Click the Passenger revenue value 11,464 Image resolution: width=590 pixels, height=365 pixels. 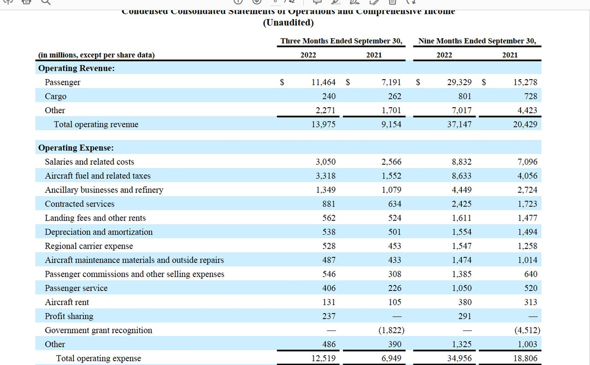[324, 82]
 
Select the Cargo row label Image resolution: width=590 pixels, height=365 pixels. [55, 96]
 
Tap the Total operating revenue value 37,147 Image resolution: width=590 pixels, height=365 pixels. [459, 124]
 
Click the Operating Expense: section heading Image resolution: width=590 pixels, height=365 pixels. [76, 148]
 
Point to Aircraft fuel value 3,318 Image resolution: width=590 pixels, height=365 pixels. [325, 176]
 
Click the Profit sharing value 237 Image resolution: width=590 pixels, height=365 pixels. [329, 316]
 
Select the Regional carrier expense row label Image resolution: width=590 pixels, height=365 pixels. [88, 246]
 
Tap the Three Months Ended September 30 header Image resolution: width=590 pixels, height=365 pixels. [341, 41]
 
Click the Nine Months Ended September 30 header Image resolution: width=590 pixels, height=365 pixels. [477, 41]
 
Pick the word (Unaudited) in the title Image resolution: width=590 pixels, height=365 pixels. [288, 23]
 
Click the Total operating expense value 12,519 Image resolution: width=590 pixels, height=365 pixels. [324, 358]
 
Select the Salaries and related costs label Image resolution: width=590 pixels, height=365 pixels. [89, 162]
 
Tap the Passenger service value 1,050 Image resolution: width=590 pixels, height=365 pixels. [462, 288]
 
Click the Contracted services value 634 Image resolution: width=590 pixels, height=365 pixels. [394, 204]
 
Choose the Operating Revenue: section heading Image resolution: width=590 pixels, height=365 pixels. [77, 68]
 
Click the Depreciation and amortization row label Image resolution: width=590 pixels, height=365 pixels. [99, 232]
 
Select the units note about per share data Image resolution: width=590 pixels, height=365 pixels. [96, 55]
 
